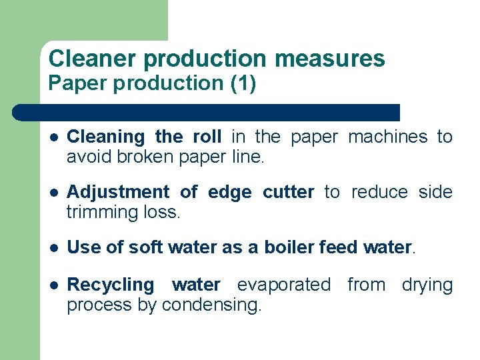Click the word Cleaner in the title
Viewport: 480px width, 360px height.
coord(93,59)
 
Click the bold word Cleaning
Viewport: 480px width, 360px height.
coord(106,137)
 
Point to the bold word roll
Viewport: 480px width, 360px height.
coord(207,137)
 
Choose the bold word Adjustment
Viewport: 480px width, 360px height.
coord(118,193)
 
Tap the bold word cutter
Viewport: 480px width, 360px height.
coord(288,193)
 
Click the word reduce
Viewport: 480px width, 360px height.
coord(379,193)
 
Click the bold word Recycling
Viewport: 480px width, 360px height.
coord(111,285)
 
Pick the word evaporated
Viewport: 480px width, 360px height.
coord(284,285)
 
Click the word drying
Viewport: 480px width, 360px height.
coord(427,285)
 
